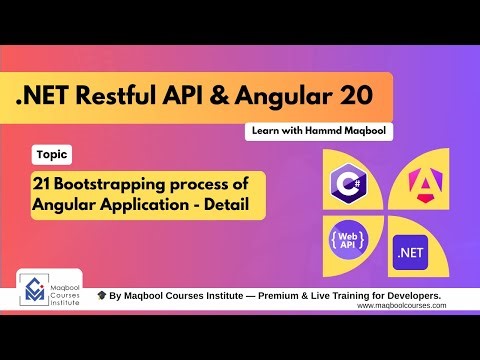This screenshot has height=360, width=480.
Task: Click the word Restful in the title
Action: pos(131,97)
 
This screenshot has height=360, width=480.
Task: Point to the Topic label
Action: pos(51,155)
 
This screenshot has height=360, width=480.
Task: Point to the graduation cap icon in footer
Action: pos(101,297)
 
